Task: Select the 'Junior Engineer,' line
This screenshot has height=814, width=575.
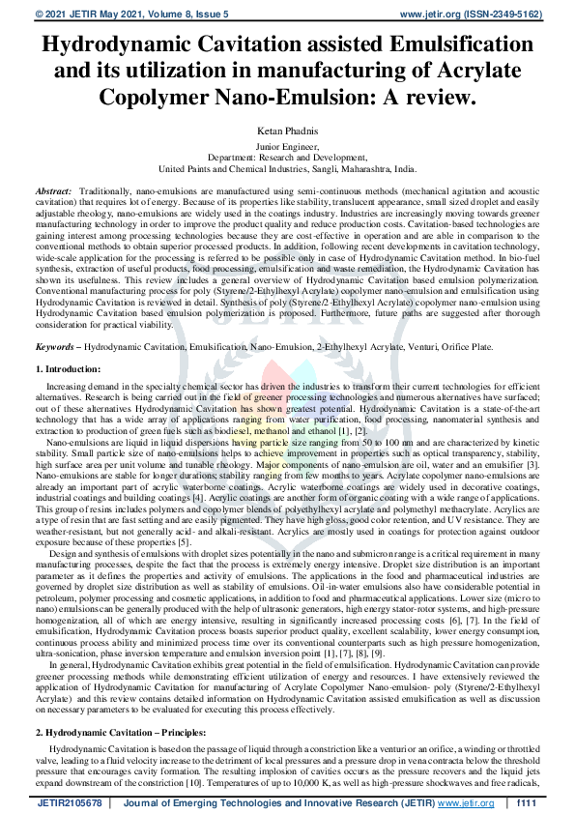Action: (x=287, y=145)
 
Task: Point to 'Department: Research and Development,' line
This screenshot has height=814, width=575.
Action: (x=287, y=156)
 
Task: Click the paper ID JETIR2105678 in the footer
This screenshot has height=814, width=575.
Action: (x=67, y=802)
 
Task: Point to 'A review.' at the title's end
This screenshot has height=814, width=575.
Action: (x=427, y=98)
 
